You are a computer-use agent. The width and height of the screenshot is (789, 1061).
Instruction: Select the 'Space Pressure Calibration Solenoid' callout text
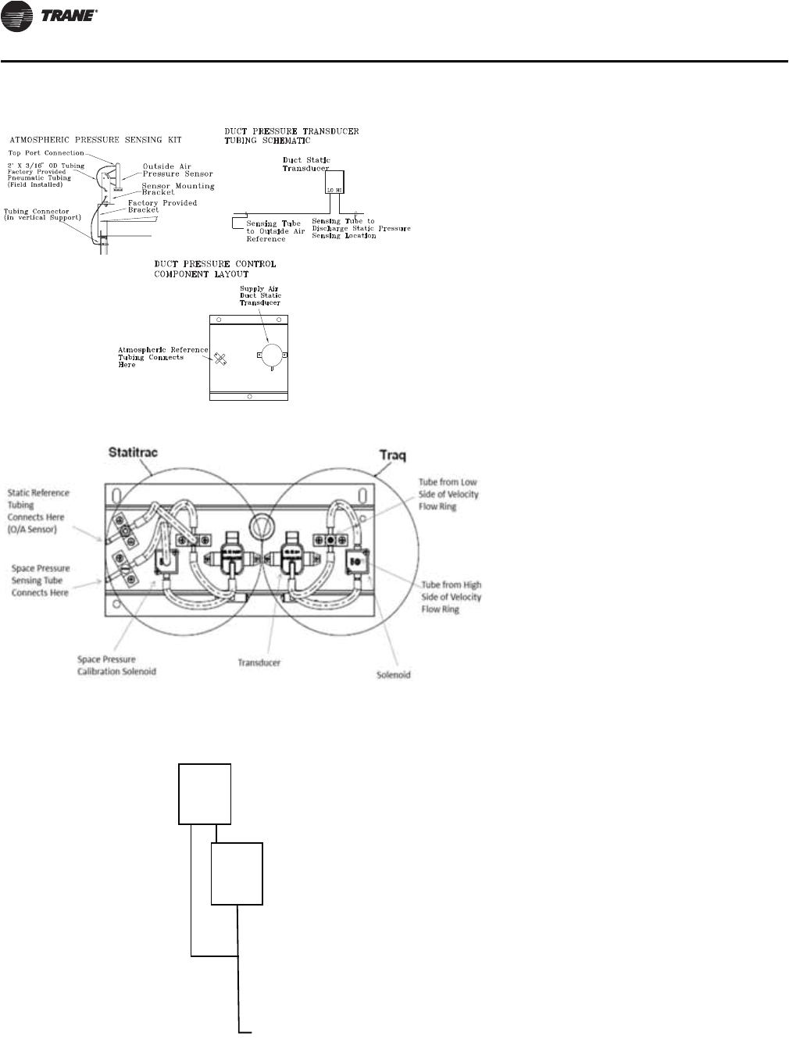(116, 666)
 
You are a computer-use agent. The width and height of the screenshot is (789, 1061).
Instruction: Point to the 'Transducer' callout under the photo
(259, 663)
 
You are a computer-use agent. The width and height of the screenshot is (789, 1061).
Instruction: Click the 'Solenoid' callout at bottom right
(394, 674)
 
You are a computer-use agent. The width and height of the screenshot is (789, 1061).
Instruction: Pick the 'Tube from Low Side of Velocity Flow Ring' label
(448, 495)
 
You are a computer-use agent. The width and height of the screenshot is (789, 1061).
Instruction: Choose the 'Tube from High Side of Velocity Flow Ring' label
(452, 597)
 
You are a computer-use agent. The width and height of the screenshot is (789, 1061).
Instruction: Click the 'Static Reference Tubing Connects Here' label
(38, 511)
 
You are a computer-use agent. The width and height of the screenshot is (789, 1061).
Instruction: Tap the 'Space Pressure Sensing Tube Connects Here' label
(41, 581)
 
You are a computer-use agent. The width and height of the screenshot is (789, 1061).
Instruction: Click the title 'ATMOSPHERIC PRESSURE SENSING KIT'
(95, 140)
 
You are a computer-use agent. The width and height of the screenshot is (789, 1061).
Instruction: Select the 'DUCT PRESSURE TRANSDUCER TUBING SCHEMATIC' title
(291, 136)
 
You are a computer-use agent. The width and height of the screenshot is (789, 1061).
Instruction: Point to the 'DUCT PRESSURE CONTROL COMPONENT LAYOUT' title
(215, 270)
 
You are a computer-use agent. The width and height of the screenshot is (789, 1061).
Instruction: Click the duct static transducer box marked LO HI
(334, 182)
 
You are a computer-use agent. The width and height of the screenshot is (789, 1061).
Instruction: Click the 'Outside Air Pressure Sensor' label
(177, 170)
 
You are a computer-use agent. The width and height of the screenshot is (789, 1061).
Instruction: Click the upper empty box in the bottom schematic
(205, 794)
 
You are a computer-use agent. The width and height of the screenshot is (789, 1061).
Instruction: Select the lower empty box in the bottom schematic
(237, 873)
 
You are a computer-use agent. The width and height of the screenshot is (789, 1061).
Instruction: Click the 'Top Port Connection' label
(46, 153)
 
